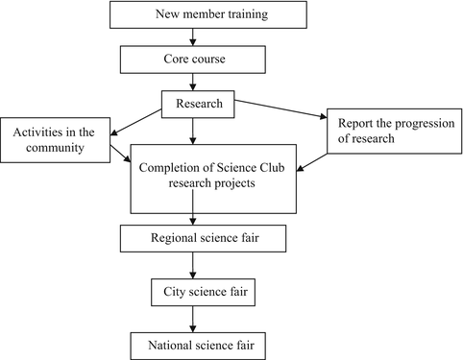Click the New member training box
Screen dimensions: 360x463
[x=195, y=14]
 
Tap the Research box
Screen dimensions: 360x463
[x=195, y=103]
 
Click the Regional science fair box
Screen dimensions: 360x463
[x=195, y=235]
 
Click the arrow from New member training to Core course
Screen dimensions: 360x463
[x=195, y=36]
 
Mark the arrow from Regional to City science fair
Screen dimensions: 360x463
[x=195, y=262]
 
